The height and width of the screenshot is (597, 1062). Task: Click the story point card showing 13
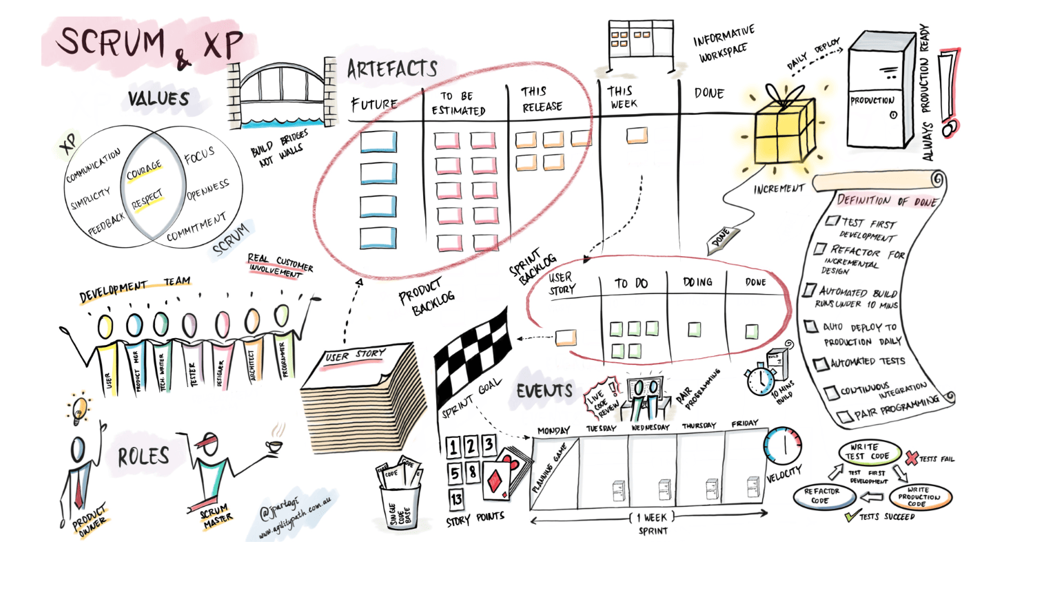pyautogui.click(x=456, y=499)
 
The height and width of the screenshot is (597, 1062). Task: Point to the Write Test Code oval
pyautogui.click(x=870, y=452)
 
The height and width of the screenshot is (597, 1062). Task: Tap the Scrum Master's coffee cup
pyautogui.click(x=274, y=446)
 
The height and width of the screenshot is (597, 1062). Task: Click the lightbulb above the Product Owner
pyautogui.click(x=80, y=408)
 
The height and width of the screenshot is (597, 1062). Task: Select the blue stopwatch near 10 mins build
pyautogui.click(x=760, y=380)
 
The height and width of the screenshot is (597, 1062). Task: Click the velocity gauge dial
pyautogui.click(x=784, y=446)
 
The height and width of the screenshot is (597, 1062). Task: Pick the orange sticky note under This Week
pyautogui.click(x=637, y=136)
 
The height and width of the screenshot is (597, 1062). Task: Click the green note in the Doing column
pyautogui.click(x=695, y=330)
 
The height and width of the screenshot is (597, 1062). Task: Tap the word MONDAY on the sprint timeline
pyautogui.click(x=553, y=430)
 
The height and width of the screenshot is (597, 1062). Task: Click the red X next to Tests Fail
pyautogui.click(x=911, y=457)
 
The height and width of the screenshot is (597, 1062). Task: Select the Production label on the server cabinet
pyautogui.click(x=872, y=101)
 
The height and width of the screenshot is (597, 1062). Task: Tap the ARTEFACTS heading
pyautogui.click(x=392, y=69)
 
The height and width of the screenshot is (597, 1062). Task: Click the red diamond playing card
pyautogui.click(x=497, y=480)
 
